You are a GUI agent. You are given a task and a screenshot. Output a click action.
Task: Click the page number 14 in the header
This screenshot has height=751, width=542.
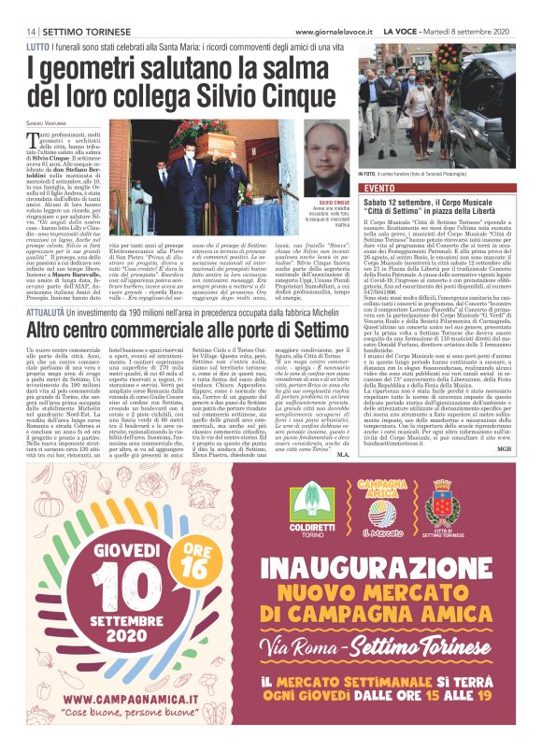point(18,31)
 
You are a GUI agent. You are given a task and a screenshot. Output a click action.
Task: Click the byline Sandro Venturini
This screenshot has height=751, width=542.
point(47,122)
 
